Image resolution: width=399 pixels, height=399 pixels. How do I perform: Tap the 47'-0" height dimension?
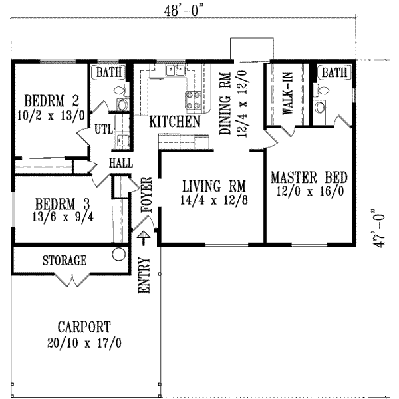click(380, 225)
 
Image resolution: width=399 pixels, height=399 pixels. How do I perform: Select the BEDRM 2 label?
click(52, 102)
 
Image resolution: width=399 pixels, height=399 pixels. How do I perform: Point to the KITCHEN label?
click(175, 122)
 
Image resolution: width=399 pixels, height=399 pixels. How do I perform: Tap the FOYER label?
click(147, 195)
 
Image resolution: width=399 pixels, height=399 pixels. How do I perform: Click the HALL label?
click(120, 163)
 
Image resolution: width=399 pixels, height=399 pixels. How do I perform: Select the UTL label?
click(102, 127)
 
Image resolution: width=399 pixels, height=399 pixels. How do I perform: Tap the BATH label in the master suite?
click(334, 72)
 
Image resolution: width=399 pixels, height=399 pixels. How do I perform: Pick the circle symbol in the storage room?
click(119, 254)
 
